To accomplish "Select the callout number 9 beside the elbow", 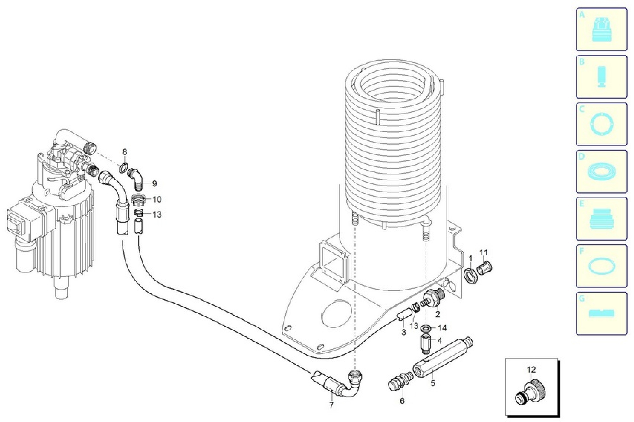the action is click(154, 184).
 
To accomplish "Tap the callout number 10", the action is click(157, 199).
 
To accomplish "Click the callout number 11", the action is click(484, 253).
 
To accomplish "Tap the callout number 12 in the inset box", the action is click(531, 370).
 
